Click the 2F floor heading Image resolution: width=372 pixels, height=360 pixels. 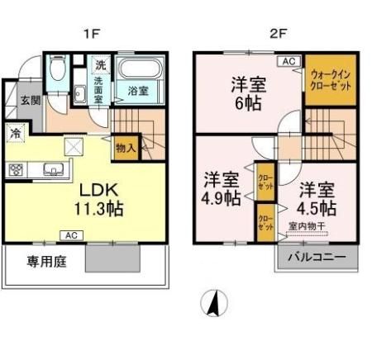point(277,34)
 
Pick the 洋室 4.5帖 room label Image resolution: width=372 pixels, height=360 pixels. point(317,197)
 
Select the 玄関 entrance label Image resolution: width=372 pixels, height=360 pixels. point(30,101)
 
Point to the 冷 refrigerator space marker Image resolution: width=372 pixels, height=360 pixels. point(16,132)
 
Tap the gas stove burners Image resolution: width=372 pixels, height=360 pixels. point(17,170)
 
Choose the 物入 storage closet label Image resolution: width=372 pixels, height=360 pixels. point(126,149)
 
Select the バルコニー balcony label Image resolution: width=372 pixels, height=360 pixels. point(317,257)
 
